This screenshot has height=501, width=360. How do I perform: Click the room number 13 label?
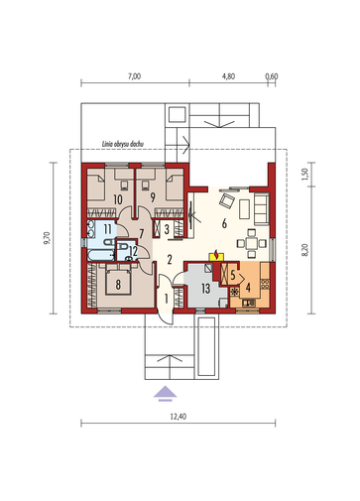[205, 289]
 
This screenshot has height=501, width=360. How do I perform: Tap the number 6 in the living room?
[224, 224]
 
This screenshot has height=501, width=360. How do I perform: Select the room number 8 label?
[118, 285]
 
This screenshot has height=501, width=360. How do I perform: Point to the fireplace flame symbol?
[216, 255]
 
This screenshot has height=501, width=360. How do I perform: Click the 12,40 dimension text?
[179, 417]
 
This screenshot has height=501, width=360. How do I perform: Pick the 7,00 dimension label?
[134, 76]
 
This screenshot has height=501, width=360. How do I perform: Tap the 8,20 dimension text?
[304, 250]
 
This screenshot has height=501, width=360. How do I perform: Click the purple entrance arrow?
[166, 393]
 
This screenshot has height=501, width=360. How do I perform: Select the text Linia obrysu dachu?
[123, 144]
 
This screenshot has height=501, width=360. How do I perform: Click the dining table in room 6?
[251, 244]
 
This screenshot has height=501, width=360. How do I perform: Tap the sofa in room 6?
[262, 209]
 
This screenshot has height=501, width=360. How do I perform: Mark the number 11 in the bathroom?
[107, 229]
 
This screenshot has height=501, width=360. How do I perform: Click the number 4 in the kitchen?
[248, 288]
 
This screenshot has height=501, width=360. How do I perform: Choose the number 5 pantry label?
[233, 275]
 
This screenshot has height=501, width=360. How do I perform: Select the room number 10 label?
[118, 199]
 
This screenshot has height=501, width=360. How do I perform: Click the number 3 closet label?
[167, 229]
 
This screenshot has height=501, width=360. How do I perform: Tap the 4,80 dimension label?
[228, 76]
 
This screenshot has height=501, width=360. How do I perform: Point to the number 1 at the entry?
[166, 300]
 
